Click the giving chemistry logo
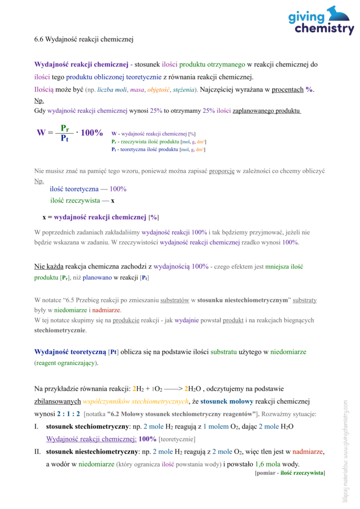click(x=321, y=21)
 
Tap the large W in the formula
click(x=41, y=133)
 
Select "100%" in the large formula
click(x=91, y=133)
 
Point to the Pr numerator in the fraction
click(x=65, y=128)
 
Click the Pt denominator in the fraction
click(x=65, y=139)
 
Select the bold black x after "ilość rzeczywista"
click(x=113, y=201)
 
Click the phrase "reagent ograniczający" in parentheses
click(x=66, y=363)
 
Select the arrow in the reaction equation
click(x=172, y=389)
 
